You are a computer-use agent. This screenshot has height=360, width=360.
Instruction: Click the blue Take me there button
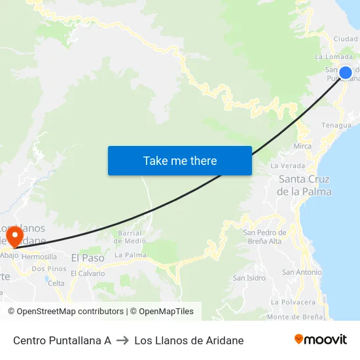click(180, 160)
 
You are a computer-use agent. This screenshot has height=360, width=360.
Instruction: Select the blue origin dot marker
click(345, 72)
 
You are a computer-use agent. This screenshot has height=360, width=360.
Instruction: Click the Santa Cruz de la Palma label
click(304, 185)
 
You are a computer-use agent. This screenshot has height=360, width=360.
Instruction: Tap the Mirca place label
click(302, 146)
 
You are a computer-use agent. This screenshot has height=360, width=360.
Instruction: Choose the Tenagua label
click(336, 125)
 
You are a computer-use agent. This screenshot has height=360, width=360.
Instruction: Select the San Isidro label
click(249, 278)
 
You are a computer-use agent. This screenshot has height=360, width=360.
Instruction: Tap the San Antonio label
click(302, 272)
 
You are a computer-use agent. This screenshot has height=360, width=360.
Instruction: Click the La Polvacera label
click(293, 302)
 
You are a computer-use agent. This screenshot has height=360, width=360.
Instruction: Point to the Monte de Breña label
click(295, 317)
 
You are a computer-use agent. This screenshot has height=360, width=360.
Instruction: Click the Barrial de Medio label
click(132, 236)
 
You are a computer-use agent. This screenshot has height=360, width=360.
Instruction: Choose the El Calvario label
click(88, 273)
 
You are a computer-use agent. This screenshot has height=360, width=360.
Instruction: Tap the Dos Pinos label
click(49, 268)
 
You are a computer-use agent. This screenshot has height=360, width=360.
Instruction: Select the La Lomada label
click(334, 57)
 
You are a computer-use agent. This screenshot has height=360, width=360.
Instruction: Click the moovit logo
click(320, 339)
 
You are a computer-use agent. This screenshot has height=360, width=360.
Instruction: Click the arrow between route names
click(122, 340)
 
